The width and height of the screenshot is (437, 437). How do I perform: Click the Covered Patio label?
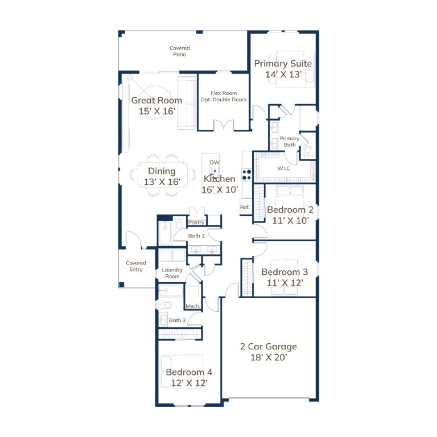(179, 51)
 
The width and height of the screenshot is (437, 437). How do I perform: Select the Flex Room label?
(224, 93)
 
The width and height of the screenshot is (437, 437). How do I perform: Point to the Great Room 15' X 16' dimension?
(157, 111)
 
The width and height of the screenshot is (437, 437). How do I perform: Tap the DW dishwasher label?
(215, 162)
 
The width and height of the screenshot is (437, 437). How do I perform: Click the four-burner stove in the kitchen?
(247, 175)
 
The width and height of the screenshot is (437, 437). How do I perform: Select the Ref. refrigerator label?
(245, 207)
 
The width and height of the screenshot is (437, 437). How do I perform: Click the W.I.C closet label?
(284, 168)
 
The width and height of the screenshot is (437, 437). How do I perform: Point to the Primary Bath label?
(290, 142)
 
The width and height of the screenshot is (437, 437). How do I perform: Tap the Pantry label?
(196, 222)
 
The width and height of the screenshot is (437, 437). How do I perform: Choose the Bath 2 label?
(196, 236)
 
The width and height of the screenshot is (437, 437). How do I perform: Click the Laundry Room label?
(172, 273)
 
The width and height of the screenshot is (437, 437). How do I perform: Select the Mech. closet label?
(193, 306)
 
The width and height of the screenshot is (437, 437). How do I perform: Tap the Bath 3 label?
(178, 320)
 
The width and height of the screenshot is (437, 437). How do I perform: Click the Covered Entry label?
(136, 266)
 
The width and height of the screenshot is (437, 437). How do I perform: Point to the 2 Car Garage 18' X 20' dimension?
(269, 357)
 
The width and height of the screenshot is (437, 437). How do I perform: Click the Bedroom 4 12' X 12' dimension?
(189, 383)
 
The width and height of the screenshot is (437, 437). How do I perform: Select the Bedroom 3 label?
(285, 272)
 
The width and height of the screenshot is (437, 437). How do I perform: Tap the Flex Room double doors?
(224, 125)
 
